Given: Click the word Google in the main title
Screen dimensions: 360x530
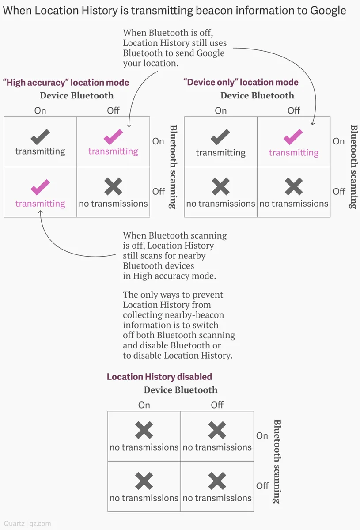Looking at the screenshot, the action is (x=328, y=11).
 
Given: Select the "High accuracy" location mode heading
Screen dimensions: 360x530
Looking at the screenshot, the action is (x=66, y=83).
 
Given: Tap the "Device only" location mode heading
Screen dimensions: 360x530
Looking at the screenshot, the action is (x=241, y=82).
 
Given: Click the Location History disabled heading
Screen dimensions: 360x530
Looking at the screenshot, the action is (x=159, y=377).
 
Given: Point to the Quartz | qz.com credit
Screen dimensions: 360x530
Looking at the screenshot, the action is (x=27, y=523).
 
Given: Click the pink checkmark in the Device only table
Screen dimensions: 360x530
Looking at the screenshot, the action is (x=293, y=137).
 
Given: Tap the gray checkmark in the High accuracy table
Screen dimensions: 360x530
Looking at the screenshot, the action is (x=40, y=137).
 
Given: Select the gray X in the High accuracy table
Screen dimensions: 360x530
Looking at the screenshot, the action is (x=113, y=186).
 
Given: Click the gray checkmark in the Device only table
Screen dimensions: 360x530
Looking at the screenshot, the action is (x=220, y=137).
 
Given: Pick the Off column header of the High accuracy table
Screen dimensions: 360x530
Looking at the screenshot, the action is (x=113, y=110).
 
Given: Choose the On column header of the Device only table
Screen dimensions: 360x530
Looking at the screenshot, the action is (x=220, y=110).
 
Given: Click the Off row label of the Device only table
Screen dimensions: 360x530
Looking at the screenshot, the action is (x=339, y=191).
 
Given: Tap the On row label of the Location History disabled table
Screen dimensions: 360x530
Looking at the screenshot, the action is (x=262, y=436).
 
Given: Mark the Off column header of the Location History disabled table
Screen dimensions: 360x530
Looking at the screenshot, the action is (x=217, y=405).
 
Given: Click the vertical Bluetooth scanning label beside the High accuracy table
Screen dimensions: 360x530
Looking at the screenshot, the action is (x=173, y=167).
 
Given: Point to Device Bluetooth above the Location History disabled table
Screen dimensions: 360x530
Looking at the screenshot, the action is (x=181, y=390).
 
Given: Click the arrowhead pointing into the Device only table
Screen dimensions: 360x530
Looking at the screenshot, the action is (x=313, y=124).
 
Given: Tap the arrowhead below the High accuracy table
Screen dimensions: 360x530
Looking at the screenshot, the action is (x=41, y=212).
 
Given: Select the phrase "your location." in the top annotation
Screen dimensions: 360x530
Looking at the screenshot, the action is (x=151, y=64).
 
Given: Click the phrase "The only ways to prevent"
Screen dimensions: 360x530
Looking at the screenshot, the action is (x=173, y=295).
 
